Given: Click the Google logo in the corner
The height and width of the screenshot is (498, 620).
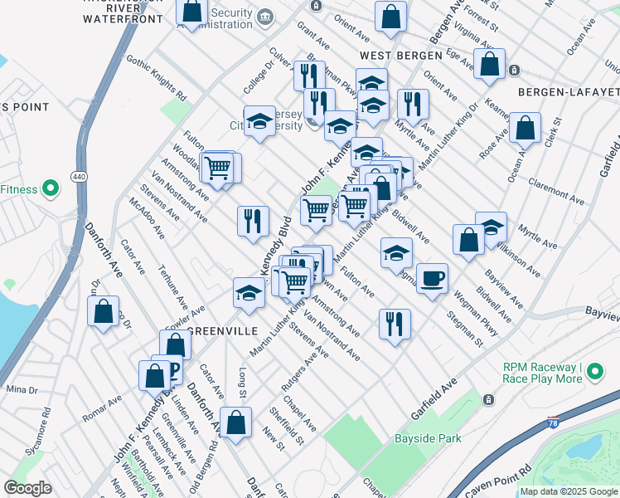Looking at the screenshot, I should pyautogui.click(x=28, y=488).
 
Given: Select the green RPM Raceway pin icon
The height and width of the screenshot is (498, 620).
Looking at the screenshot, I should pyautogui.click(x=596, y=373).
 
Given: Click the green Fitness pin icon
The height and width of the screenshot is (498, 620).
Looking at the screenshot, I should pyautogui.click(x=50, y=189).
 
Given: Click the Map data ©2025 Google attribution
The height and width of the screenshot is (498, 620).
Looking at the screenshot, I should pyautogui.click(x=569, y=491).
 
